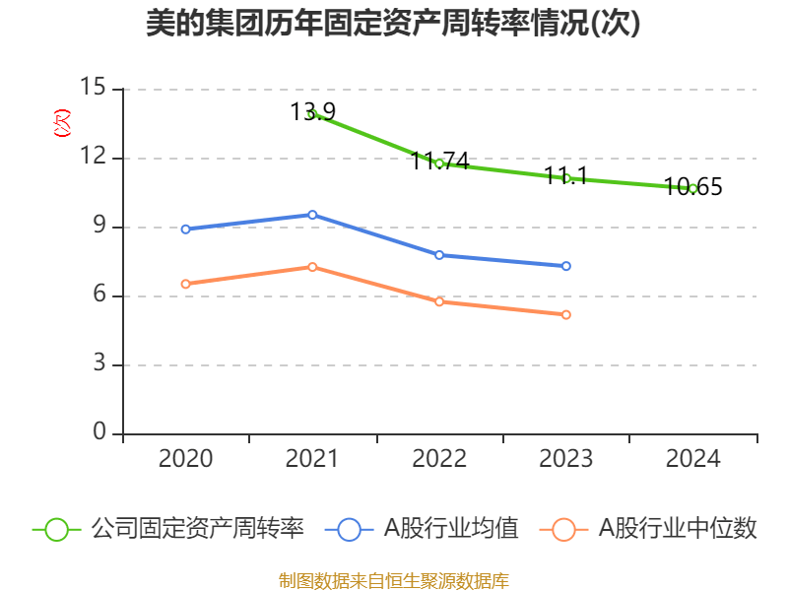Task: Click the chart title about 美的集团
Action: (x=393, y=23)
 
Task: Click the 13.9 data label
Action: (x=312, y=111)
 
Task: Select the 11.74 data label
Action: (x=439, y=161)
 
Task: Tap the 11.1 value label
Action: (x=566, y=176)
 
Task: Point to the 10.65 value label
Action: (x=692, y=186)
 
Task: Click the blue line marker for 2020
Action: (x=185, y=229)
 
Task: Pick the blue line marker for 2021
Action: (x=312, y=214)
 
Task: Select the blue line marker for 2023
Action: (x=566, y=266)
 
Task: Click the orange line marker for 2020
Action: (x=185, y=284)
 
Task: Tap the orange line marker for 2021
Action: (x=312, y=267)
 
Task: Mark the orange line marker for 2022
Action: (x=439, y=301)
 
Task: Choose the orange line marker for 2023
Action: (x=566, y=314)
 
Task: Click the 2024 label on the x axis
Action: (x=692, y=459)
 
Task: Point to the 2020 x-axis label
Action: (x=185, y=459)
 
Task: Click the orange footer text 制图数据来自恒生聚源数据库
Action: (x=393, y=580)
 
